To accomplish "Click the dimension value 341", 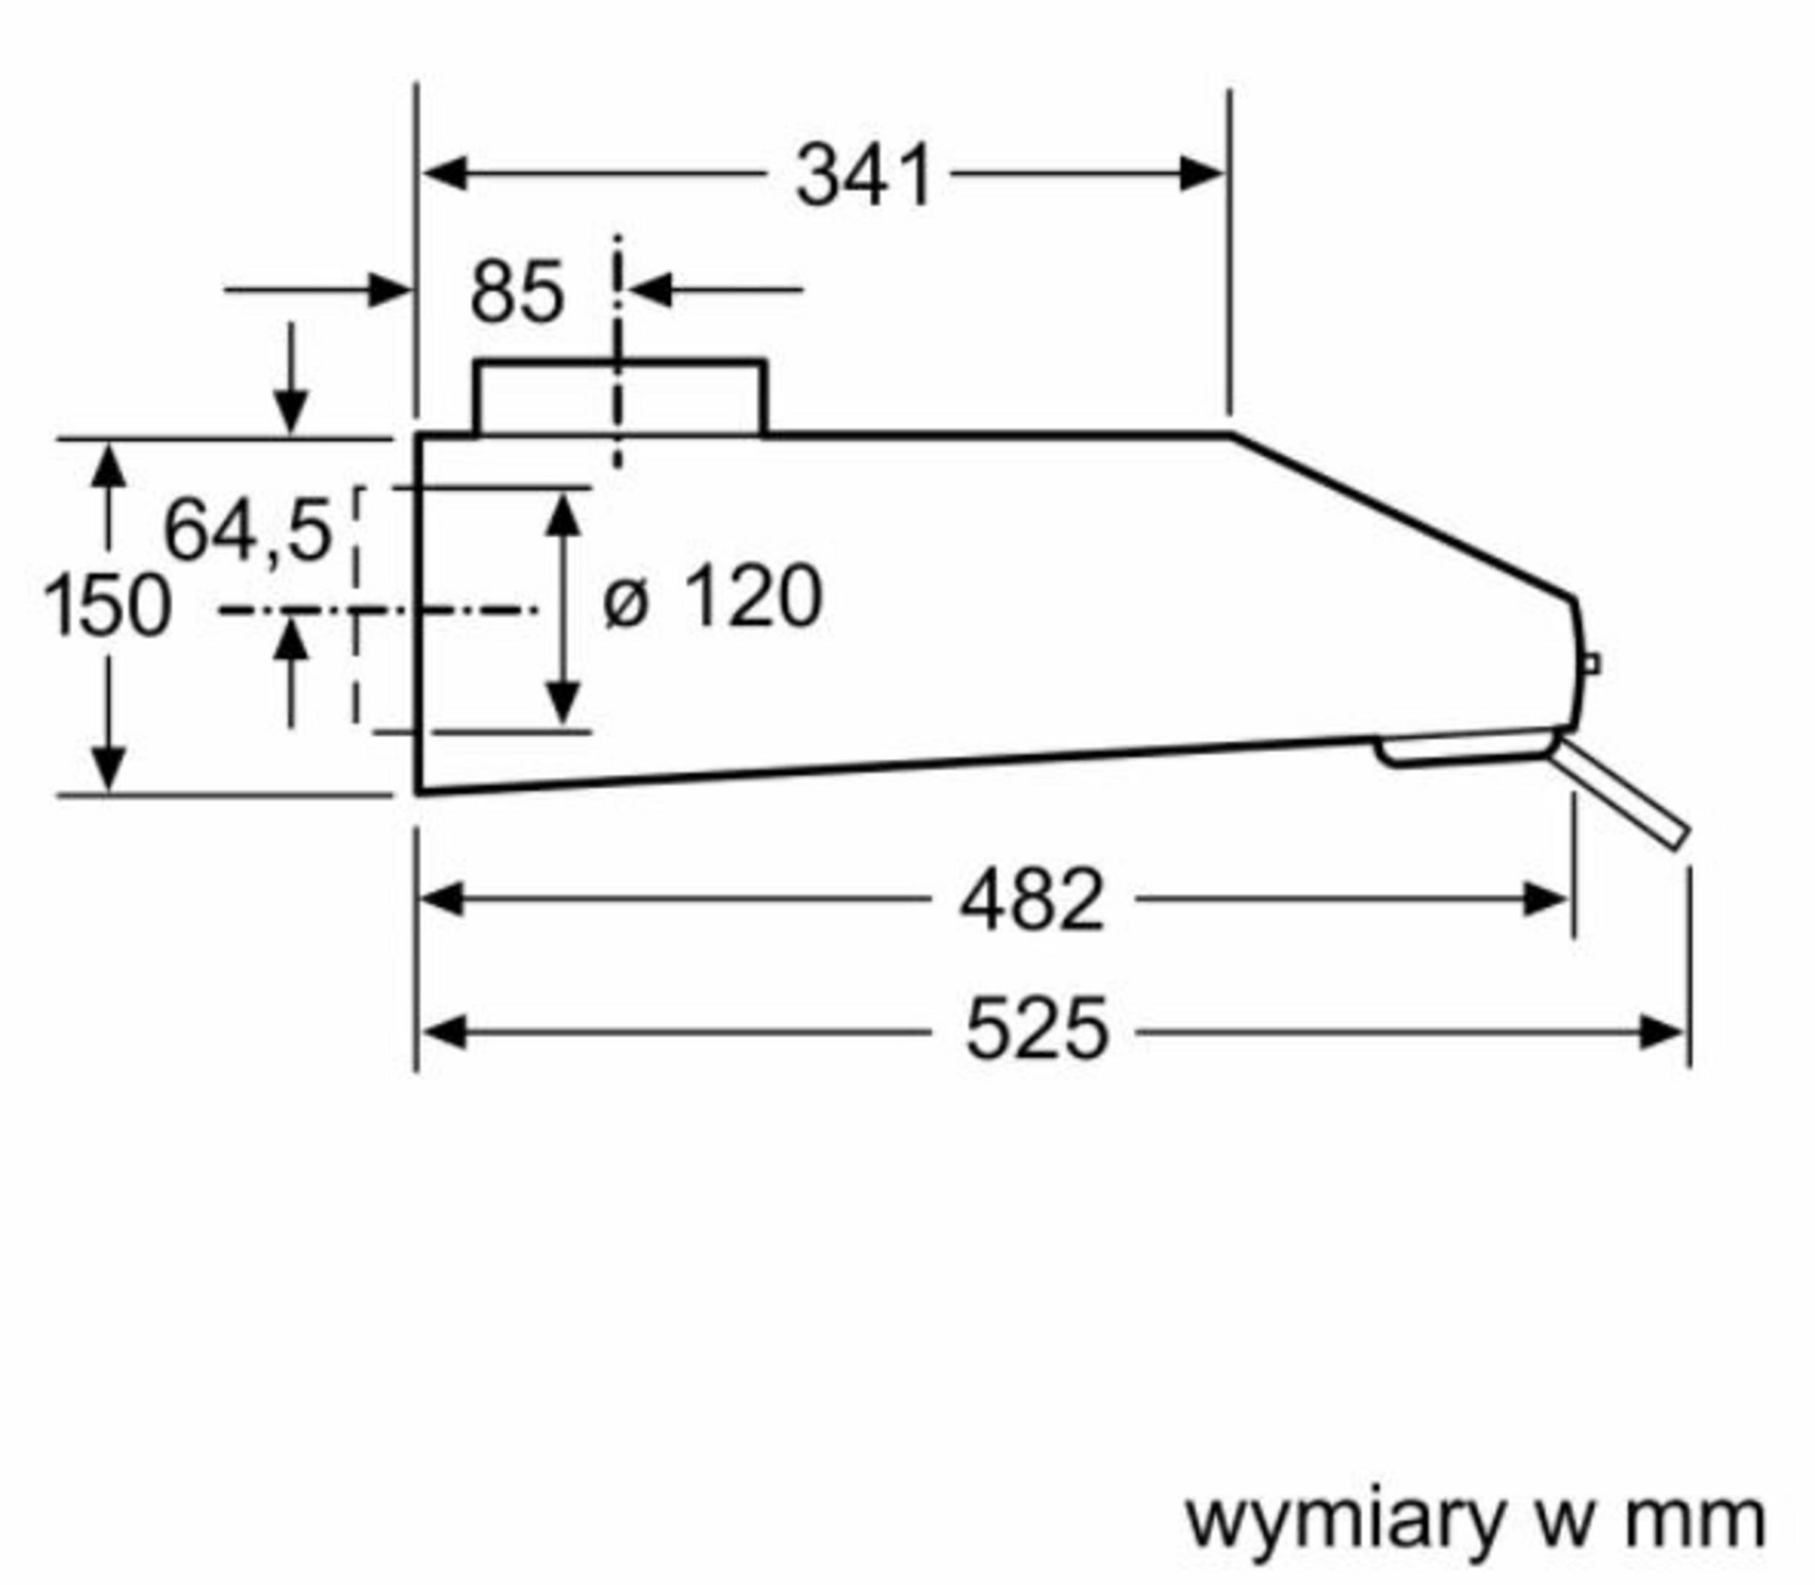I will coord(863,176).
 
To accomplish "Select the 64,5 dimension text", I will coord(248,531).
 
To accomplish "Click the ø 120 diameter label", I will coord(712,599).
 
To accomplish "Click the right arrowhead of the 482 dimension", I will coord(1546,900).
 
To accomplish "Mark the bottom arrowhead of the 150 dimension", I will coord(108,769).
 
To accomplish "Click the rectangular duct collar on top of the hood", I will coord(619,398).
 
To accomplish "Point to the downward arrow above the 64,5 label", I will coord(291,411).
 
